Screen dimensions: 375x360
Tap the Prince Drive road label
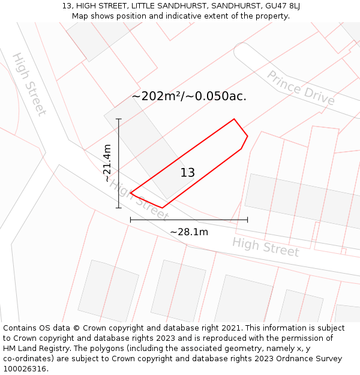point(301,88)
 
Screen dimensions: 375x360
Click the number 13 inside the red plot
point(188,173)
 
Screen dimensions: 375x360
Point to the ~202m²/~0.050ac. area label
point(189,96)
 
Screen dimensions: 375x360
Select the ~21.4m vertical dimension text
point(107,163)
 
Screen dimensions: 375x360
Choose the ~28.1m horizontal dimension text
point(189,232)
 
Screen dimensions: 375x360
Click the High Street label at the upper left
point(29,84)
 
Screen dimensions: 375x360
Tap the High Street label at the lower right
point(265,247)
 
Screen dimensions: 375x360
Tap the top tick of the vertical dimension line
point(119,119)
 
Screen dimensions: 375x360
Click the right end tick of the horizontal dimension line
point(247,220)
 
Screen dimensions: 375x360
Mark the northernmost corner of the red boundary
point(234,119)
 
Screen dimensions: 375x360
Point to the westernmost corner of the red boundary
point(131,194)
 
